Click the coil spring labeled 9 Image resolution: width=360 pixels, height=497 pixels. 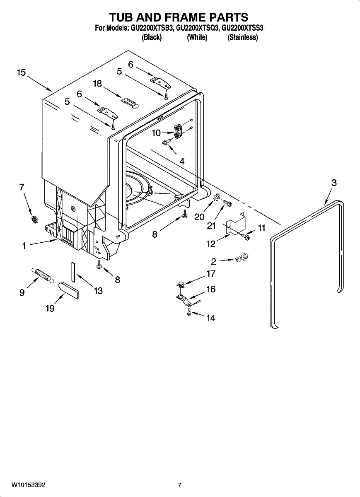[x=43, y=275]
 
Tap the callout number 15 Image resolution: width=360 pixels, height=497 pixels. [x=21, y=72]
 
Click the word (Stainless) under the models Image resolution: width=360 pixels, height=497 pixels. [x=243, y=37]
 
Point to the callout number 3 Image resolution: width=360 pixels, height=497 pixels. [x=334, y=183]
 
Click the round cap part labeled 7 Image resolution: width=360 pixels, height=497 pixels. [x=35, y=219]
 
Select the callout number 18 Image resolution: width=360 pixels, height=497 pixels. [x=97, y=83]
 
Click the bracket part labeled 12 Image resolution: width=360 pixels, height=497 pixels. [x=236, y=223]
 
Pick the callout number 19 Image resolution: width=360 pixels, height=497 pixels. [x=50, y=308]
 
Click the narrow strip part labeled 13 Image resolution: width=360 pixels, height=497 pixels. [x=73, y=272]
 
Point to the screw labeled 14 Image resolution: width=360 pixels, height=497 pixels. [x=189, y=312]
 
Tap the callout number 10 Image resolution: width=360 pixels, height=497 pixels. [x=156, y=133]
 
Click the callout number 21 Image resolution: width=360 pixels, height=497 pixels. [x=211, y=226]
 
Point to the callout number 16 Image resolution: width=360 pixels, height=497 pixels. [x=211, y=289]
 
